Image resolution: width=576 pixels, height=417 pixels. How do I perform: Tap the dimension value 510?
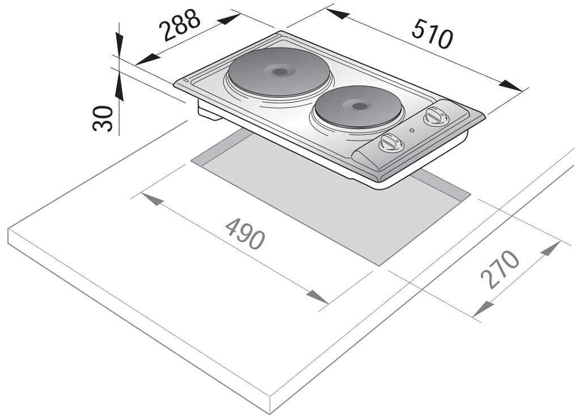coord(433,33)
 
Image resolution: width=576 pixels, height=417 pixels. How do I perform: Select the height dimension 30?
coord(103,117)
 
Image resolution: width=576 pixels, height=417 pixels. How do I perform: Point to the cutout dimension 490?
coord(245,233)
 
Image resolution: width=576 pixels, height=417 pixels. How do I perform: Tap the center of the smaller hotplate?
coord(357,105)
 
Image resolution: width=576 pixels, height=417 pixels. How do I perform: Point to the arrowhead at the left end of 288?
coord(146,58)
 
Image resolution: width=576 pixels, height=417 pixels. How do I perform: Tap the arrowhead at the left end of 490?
coord(151,201)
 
